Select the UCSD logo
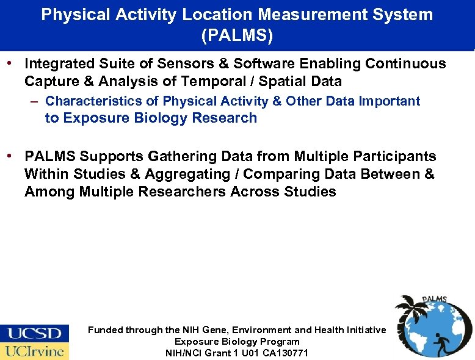click(35, 333)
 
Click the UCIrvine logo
click(35, 351)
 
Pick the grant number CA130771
click(287, 353)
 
